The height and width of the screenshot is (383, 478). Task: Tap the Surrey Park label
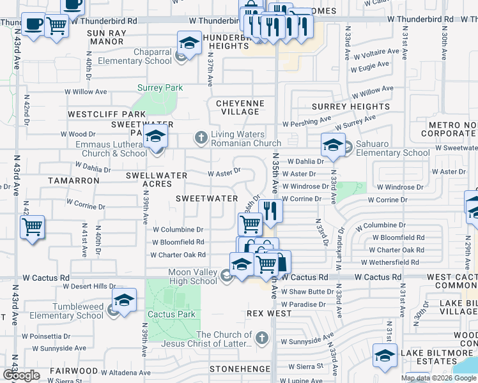pyautogui.click(x=160, y=88)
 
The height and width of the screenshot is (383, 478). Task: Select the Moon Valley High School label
pyautogui.click(x=183, y=277)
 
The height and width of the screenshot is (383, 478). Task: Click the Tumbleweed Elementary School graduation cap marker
pyautogui.click(x=125, y=300)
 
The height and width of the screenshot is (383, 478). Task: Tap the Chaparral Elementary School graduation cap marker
pyautogui.click(x=189, y=43)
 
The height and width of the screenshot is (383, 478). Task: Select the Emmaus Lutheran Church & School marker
pyautogui.click(x=155, y=136)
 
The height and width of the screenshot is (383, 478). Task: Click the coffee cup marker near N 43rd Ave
pyautogui.click(x=33, y=25)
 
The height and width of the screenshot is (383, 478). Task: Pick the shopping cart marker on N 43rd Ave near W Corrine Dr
pyautogui.click(x=32, y=227)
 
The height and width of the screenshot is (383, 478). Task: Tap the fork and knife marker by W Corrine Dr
pyautogui.click(x=270, y=211)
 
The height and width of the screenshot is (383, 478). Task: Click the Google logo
pyautogui.click(x=21, y=375)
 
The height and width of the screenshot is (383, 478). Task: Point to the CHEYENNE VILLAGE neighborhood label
pyautogui.click(x=238, y=107)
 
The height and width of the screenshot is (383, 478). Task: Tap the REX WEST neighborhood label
pyautogui.click(x=269, y=314)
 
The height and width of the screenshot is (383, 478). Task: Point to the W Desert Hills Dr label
pyautogui.click(x=88, y=286)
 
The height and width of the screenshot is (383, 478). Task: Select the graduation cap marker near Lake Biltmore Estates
pyautogui.click(x=385, y=356)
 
